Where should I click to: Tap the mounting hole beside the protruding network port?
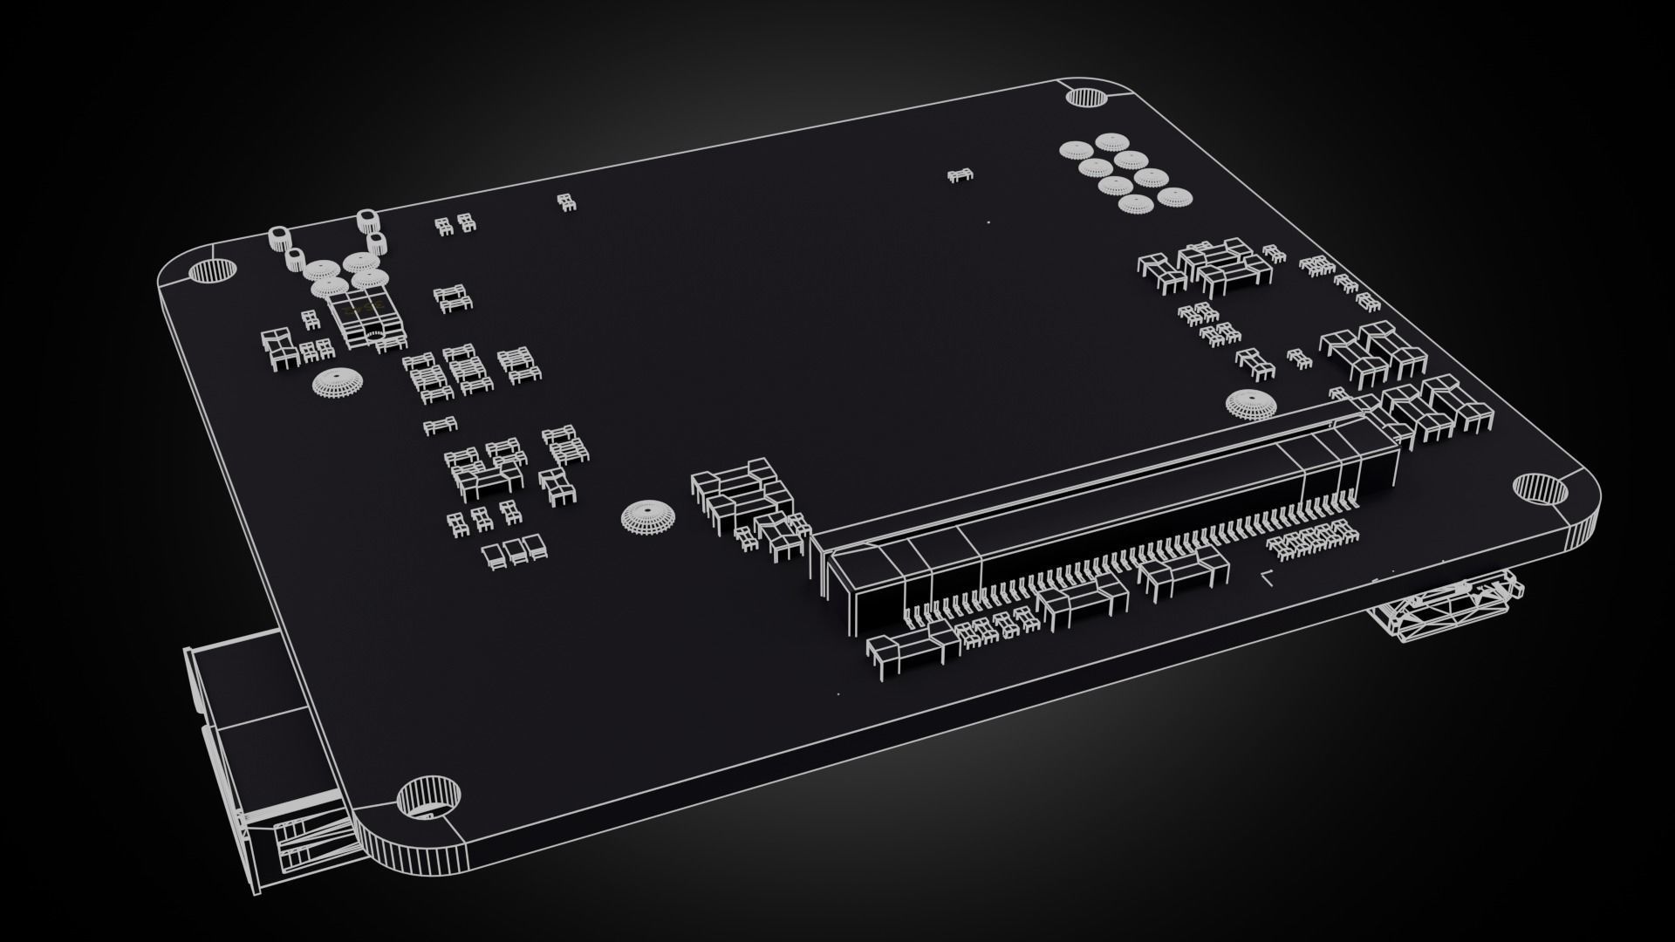point(427,797)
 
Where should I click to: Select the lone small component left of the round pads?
point(961,176)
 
